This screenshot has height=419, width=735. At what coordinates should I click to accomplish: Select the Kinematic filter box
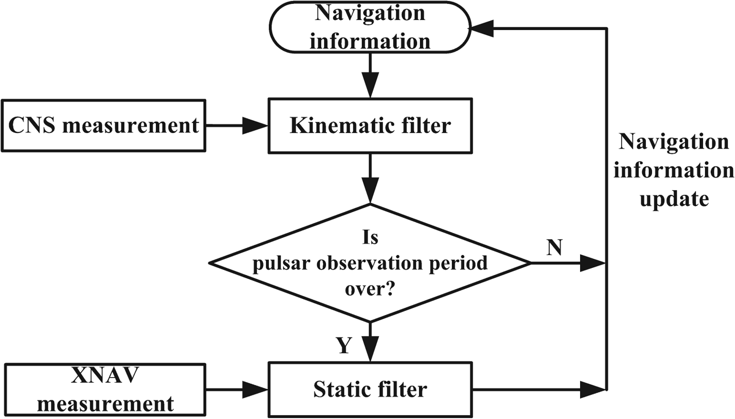point(370,126)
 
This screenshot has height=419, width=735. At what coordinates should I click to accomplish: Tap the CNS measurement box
point(103,126)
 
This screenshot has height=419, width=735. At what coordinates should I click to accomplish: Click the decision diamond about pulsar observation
point(370,263)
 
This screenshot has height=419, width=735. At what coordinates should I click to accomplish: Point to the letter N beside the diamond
point(555,247)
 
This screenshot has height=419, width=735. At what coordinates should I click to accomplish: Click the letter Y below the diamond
point(343,346)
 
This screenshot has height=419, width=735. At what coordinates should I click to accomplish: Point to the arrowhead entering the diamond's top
point(370,193)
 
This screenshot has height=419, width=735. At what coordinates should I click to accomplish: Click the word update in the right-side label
point(674,200)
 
